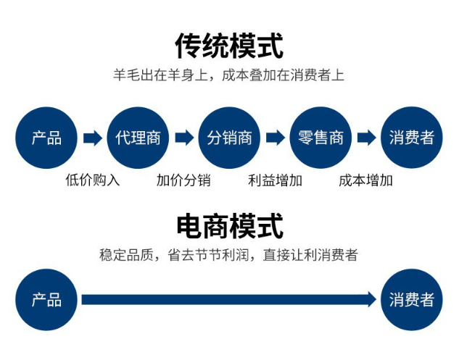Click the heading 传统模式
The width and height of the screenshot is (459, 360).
pos(229,46)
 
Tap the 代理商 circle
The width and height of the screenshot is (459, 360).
pos(138,138)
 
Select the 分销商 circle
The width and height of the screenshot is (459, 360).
pos(229,138)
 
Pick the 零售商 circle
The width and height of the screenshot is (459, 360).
pos(321,138)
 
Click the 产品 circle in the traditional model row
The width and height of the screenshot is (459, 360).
pos(46,138)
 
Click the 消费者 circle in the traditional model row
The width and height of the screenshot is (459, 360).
pos(411,138)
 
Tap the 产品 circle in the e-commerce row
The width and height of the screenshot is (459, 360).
pos(46,300)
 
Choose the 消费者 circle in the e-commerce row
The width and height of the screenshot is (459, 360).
pos(411,300)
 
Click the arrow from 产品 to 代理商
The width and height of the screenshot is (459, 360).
pos(92,138)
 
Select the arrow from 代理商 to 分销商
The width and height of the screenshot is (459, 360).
pos(183,138)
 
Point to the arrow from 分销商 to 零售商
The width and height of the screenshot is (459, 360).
pos(275,138)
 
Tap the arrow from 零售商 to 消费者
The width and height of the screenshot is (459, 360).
pos(366,138)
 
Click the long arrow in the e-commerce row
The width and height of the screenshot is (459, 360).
pos(229,300)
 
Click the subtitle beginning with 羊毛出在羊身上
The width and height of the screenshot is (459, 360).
pos(229,75)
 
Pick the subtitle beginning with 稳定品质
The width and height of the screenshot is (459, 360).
pos(229,255)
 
